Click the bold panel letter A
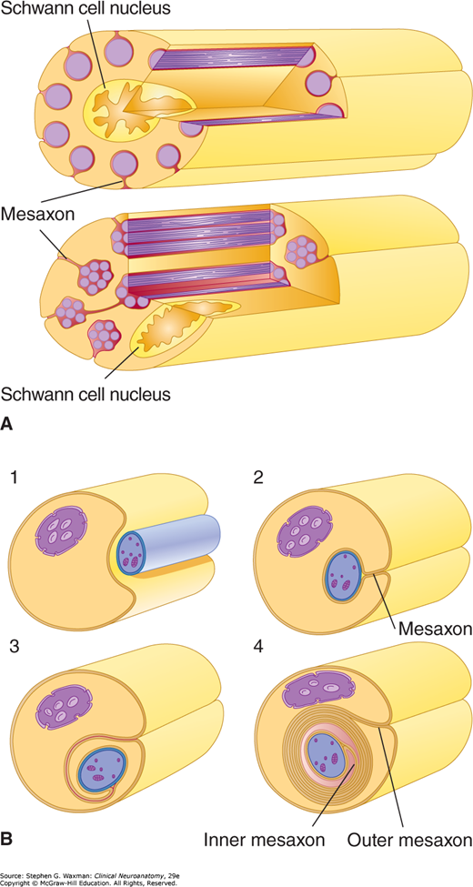tap(7, 424)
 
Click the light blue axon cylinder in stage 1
tap(167, 542)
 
